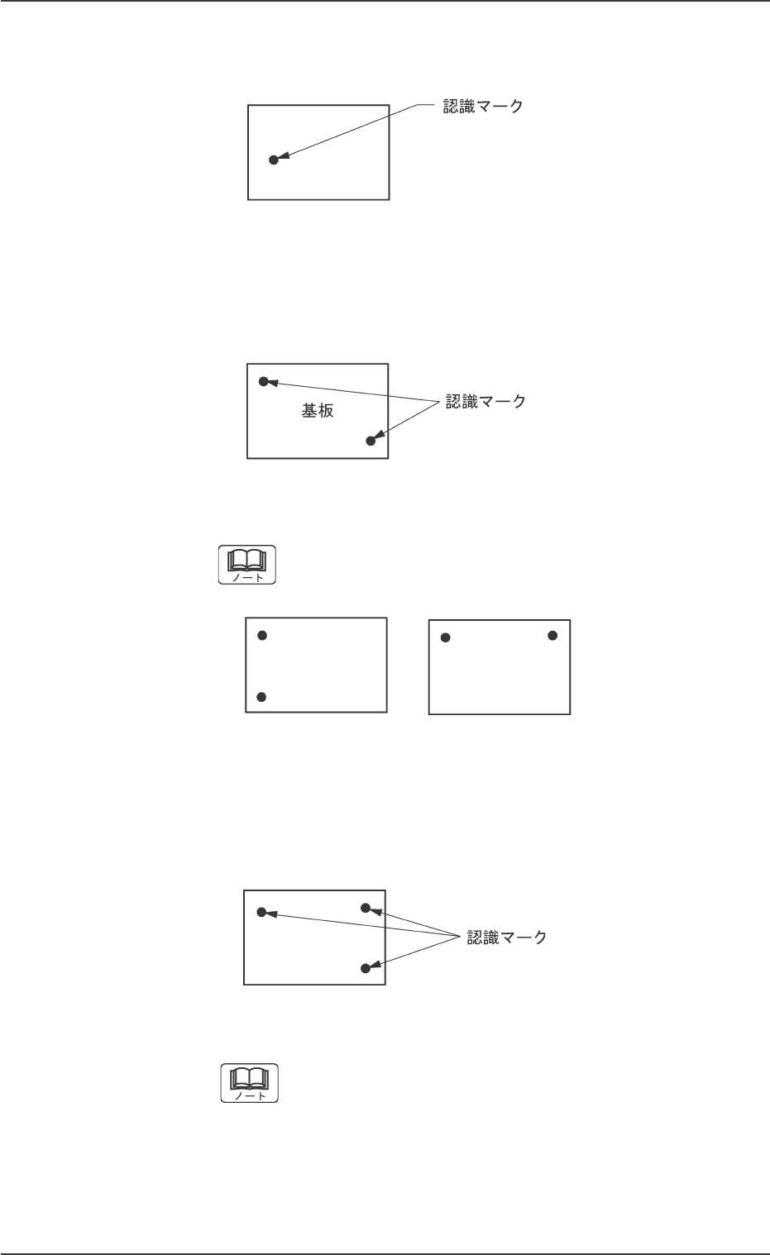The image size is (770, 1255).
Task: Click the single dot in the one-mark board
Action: coord(274,160)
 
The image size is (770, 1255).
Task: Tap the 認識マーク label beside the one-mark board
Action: coord(483,107)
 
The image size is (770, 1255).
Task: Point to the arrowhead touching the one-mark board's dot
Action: coord(283,156)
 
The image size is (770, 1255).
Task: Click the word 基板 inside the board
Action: coord(318,411)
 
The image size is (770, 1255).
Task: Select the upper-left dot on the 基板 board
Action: coord(264,381)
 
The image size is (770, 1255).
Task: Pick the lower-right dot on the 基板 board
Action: coord(371,441)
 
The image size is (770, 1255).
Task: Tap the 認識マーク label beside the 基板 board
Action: coord(485,402)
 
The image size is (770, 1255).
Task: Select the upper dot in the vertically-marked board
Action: coord(262,635)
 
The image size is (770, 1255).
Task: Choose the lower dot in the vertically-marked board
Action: coord(261,697)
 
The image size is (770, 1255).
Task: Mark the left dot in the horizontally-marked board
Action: coord(446,637)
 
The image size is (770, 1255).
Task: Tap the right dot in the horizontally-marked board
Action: coord(552,635)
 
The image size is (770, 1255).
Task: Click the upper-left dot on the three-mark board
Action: coord(261,912)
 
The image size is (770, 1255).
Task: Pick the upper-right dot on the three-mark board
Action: coord(366,908)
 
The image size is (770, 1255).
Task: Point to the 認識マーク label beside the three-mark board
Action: coord(507,938)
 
